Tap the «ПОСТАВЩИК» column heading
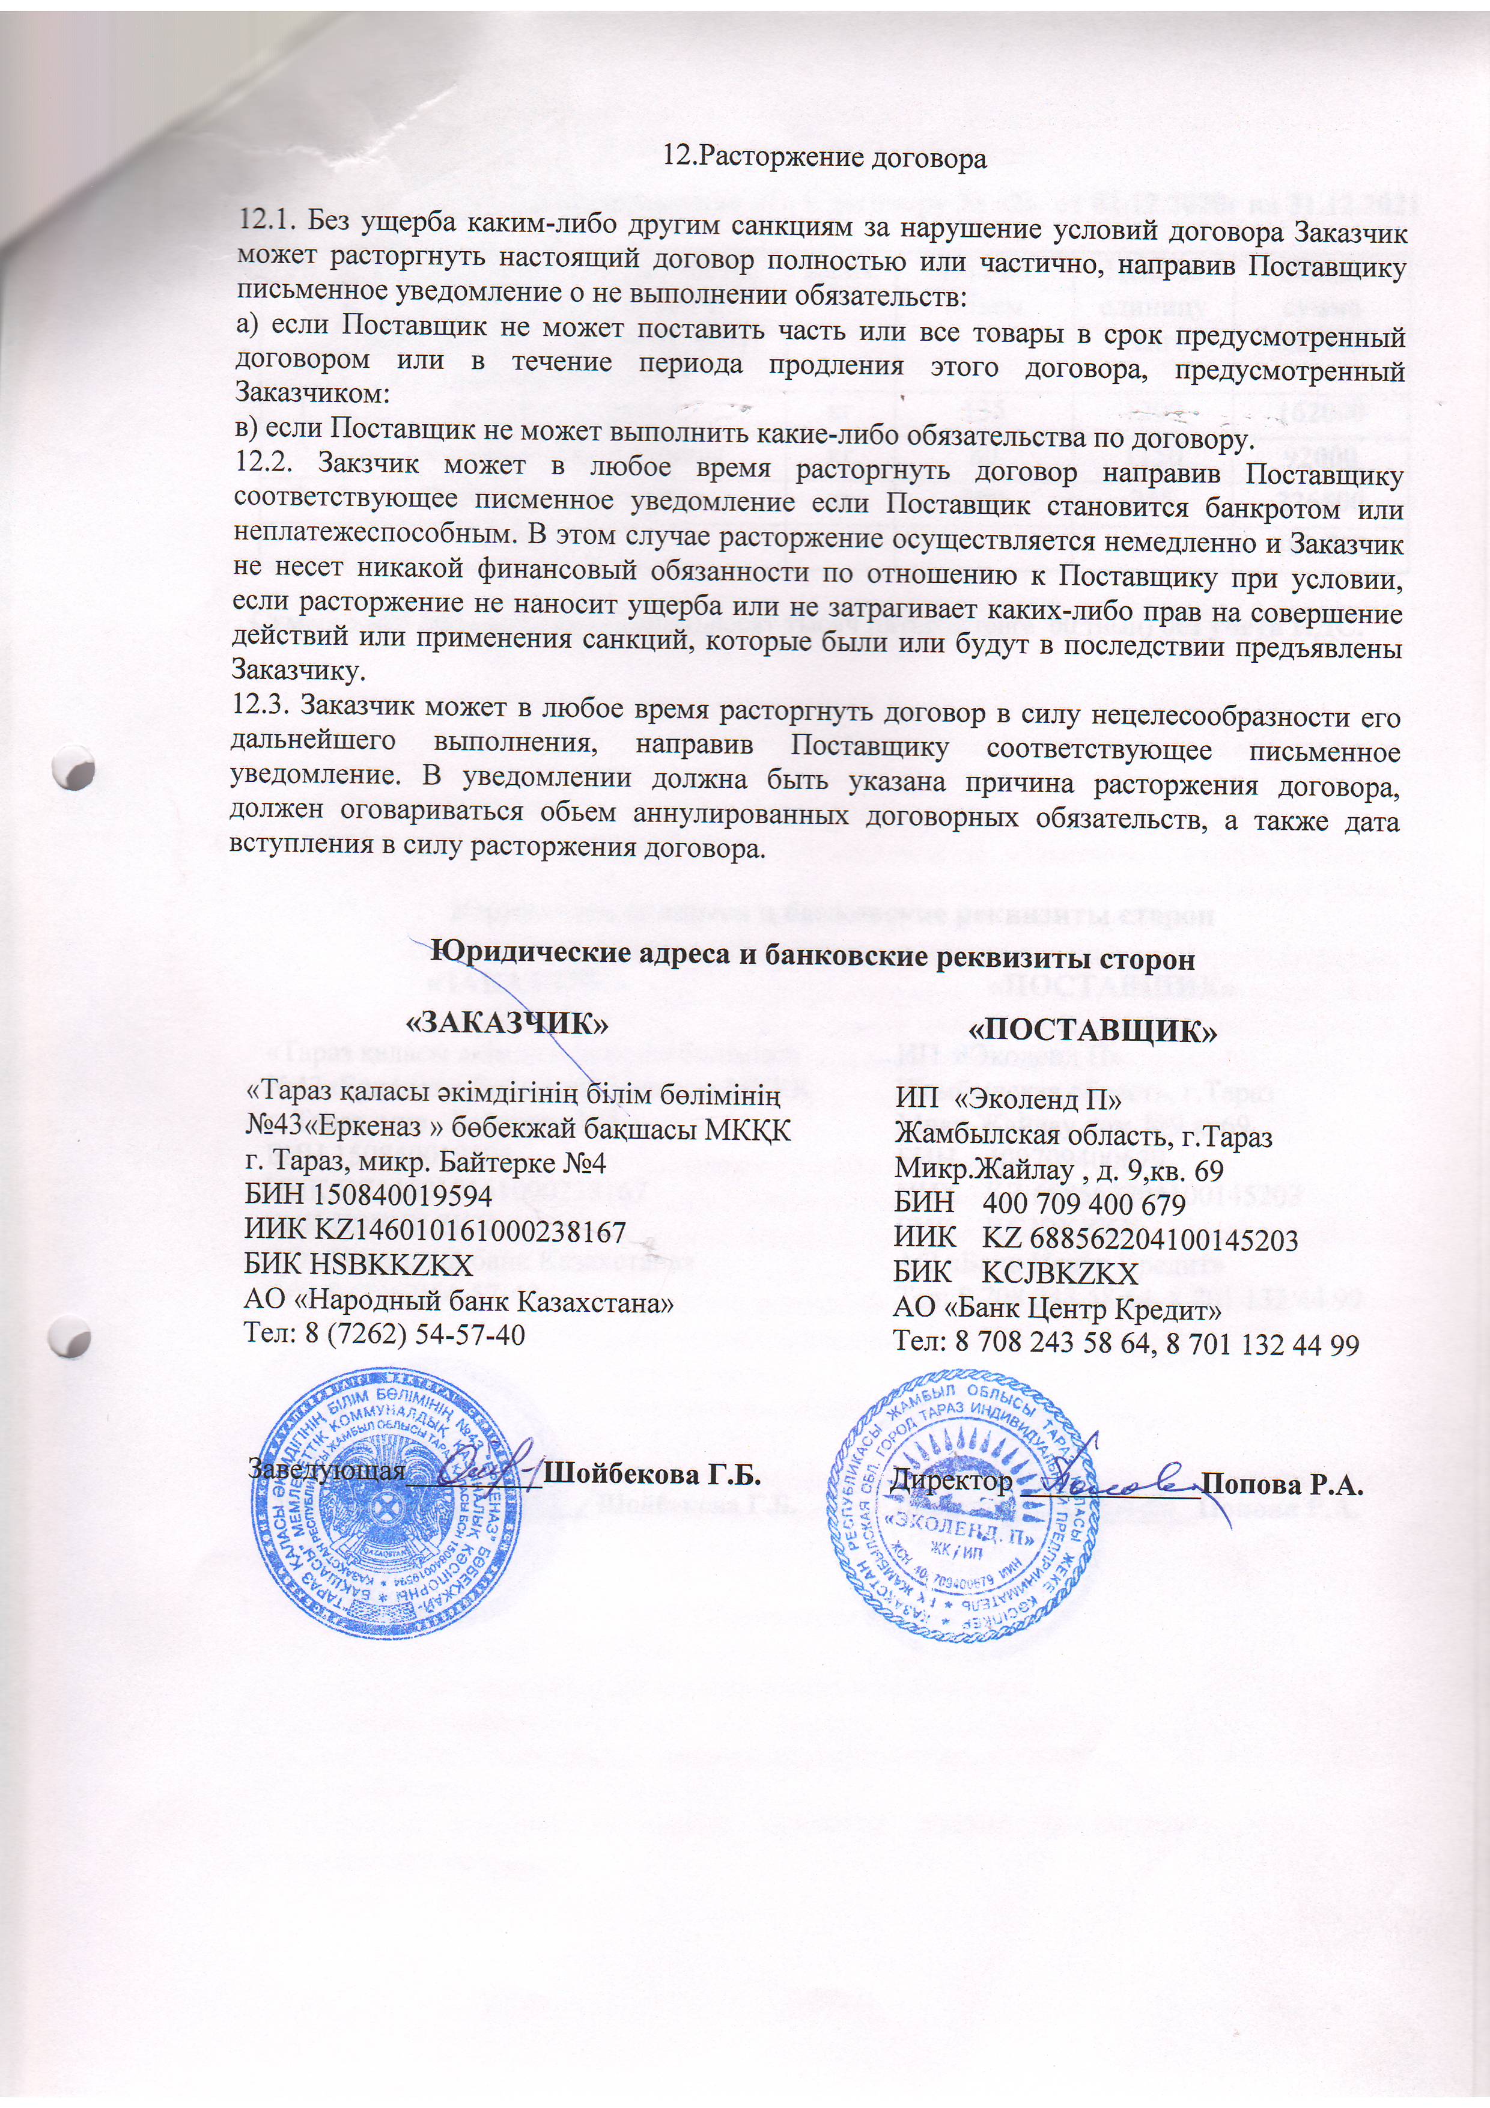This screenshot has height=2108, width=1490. (1093, 1029)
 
